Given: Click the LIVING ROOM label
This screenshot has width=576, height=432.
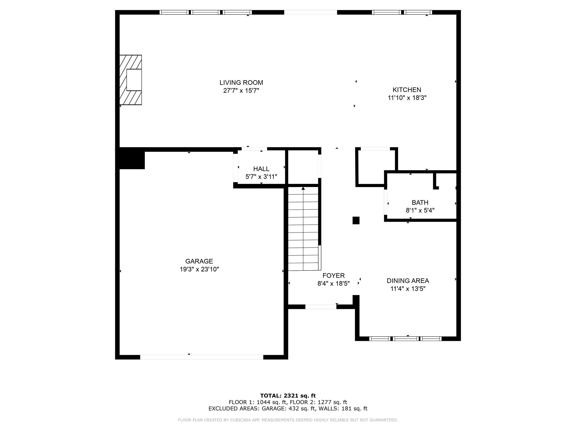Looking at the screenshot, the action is [x=241, y=82].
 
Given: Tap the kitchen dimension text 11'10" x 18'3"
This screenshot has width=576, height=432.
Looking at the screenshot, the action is [x=407, y=98].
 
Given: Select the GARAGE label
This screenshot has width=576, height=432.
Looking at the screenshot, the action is [x=199, y=261].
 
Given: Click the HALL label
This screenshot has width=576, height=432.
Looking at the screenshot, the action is [x=261, y=169].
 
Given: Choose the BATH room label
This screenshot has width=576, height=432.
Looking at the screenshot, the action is [x=420, y=202].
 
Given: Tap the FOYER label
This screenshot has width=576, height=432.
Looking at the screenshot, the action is [x=334, y=276].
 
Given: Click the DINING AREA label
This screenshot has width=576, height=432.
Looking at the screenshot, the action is [x=408, y=281].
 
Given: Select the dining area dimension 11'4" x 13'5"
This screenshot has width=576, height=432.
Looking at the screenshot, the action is [x=408, y=289].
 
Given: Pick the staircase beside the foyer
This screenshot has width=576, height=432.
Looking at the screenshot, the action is [x=304, y=229].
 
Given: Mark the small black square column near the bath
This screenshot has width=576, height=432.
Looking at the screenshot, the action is [x=356, y=220].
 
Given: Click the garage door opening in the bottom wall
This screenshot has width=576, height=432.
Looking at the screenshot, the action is [x=202, y=357].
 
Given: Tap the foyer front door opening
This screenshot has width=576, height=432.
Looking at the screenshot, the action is [x=321, y=307].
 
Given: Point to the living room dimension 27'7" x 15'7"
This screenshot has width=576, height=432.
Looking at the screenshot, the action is [x=241, y=91].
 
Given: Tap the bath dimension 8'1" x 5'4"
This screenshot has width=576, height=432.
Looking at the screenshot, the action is [x=420, y=210].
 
